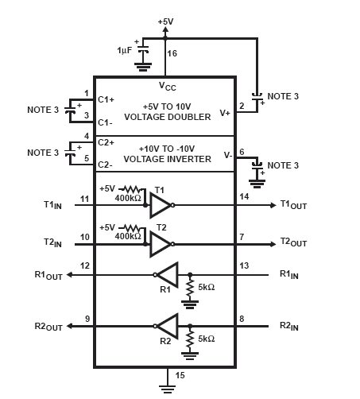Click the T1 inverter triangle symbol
160,205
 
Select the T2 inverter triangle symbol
160,244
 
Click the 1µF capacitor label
124,50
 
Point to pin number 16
172,53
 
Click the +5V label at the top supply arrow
165,21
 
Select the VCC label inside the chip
168,87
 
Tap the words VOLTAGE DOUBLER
168,117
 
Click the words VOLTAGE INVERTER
168,159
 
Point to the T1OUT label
293,205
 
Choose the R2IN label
289,326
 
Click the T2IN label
52,242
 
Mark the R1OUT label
48,275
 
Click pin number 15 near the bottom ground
180,375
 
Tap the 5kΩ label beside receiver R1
207,287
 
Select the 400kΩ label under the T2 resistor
128,236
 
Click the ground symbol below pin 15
168,389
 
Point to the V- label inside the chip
228,155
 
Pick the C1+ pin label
106,99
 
